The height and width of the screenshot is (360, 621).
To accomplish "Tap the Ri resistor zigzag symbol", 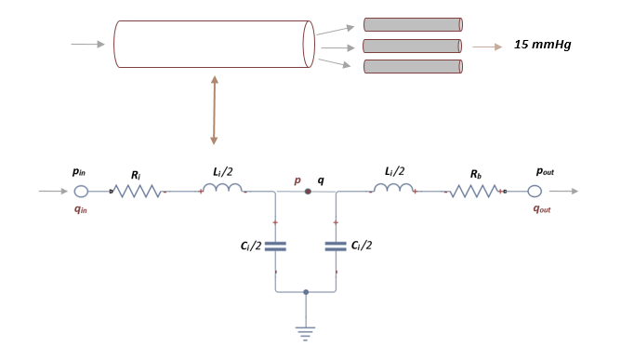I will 139,192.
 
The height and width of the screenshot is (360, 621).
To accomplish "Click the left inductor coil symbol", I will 222,190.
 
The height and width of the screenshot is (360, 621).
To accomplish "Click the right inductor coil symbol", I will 392,190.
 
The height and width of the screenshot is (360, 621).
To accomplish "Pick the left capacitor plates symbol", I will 275,247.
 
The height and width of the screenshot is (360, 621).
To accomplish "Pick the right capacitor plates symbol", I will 335,247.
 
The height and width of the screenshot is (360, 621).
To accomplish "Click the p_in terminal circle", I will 81,192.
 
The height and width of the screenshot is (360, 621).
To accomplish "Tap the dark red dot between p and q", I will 308,192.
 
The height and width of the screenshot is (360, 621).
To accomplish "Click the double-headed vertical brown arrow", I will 215,110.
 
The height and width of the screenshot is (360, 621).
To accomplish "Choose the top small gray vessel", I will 412,24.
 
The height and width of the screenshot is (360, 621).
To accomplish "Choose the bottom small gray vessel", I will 412,66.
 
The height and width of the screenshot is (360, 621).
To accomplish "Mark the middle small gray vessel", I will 412,46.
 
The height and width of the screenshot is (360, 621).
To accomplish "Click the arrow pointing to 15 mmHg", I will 486,45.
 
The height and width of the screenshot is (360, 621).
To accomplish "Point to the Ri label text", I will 137,173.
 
